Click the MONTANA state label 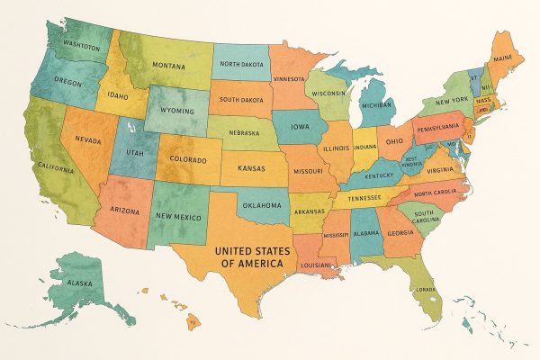(168, 66)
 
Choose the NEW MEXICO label (177, 217)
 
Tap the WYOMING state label (177, 112)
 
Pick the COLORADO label (188, 161)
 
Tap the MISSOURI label (309, 168)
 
